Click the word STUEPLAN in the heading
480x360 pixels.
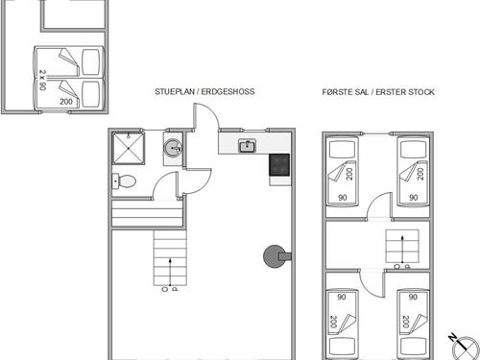pyautogui.click(x=175, y=91)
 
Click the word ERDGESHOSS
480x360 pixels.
pyautogui.click(x=228, y=91)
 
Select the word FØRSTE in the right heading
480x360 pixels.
pyautogui.click(x=336, y=92)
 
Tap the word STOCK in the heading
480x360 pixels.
pyautogui.click(x=420, y=92)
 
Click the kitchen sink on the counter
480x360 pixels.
pyautogui.click(x=247, y=146)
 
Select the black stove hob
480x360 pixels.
pyautogui.click(x=279, y=165)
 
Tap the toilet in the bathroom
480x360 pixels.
pyautogui.click(x=124, y=181)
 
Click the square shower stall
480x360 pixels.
pyautogui.click(x=128, y=149)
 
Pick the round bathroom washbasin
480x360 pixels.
pyautogui.click(x=173, y=148)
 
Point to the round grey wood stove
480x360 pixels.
pyautogui.click(x=275, y=256)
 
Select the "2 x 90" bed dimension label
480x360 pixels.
pyautogui.click(x=42, y=80)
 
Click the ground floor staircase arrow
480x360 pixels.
pyautogui.click(x=170, y=272)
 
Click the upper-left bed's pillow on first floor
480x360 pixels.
pyautogui.click(x=342, y=150)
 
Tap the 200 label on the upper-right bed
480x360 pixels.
pyautogui.click(x=420, y=174)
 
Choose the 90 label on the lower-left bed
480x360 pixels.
pyautogui.click(x=342, y=297)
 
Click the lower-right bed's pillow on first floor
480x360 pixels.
pyautogui.click(x=413, y=347)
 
